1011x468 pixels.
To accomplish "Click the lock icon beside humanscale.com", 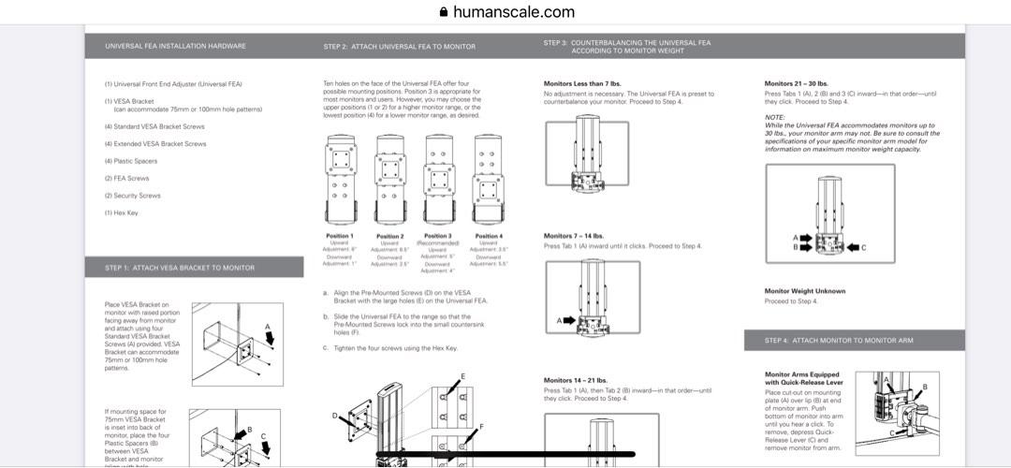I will pos(444,12).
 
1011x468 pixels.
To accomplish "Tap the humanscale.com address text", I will pos(513,12).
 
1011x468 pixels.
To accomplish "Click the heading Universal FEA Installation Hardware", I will pos(175,46).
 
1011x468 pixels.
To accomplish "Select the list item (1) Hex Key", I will pos(120,212).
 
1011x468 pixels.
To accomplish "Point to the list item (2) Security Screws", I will pos(132,196).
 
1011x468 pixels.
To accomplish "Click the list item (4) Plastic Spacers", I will pos(131,161).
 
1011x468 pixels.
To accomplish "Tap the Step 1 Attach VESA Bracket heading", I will pos(180,268).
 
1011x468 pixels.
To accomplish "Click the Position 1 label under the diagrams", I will pos(339,236).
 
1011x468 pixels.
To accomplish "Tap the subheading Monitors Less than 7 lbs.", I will pos(582,84).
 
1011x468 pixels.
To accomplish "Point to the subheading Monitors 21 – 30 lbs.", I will pos(796,84).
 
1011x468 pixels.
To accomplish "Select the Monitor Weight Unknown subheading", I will pos(804,291).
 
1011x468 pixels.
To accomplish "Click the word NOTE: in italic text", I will pos(774,117).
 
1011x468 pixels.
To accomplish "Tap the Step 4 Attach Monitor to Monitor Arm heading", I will pos(838,341).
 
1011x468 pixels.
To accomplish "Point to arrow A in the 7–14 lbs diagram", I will pos(565,320).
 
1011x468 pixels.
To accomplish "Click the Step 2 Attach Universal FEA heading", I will pos(399,46).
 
